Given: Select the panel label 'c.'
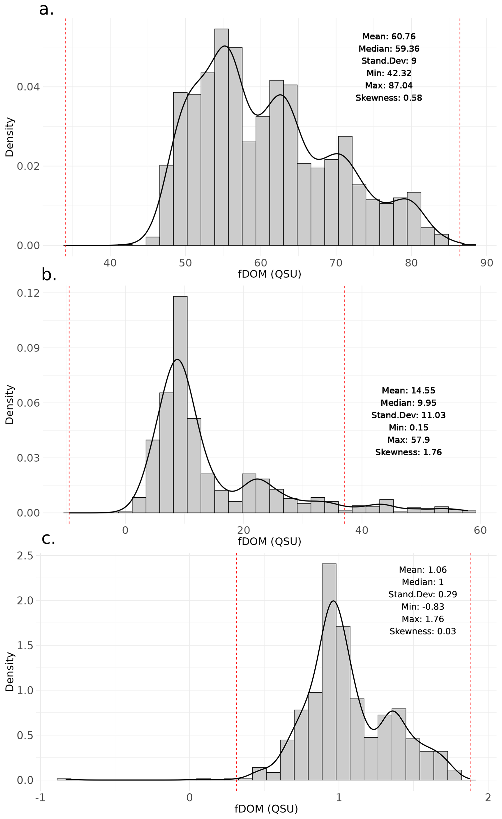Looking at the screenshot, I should [48, 538].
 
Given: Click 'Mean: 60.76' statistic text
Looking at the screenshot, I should [388, 37].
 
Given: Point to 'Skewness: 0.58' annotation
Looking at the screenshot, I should [388, 98].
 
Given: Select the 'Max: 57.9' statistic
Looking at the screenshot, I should [408, 440].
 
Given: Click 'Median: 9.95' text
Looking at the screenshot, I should [408, 403].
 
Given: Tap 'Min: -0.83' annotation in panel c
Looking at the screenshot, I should [422, 607].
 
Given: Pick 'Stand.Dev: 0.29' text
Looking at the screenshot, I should [422, 594].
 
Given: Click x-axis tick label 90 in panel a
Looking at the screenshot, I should [486, 263].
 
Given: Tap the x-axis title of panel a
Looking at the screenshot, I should [269, 274].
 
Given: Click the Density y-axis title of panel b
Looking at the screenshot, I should [10, 405].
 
